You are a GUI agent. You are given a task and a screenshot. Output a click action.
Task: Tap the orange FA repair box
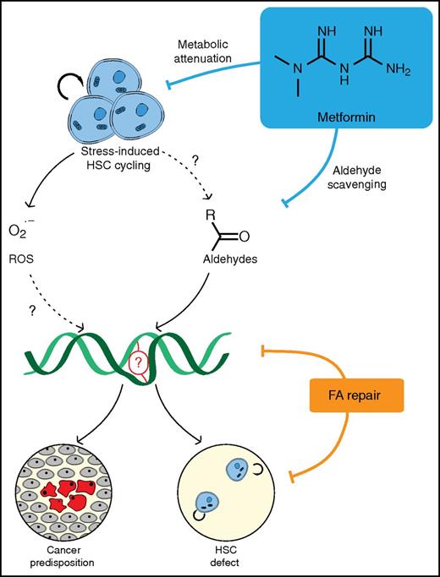pyautogui.click(x=355, y=394)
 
